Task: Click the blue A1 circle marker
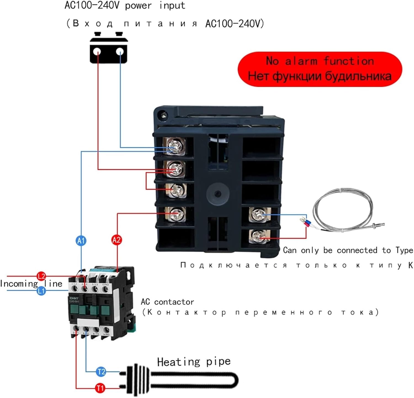[81, 241]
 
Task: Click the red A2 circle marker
[116, 240]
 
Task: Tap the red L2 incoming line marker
[41, 276]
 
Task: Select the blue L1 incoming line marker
[41, 291]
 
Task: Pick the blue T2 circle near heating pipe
[101, 371]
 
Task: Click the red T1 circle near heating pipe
[100, 388]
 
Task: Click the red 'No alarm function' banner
[320, 69]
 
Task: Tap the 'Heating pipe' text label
[194, 362]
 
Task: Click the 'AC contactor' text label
[167, 302]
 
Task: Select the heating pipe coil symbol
[179, 380]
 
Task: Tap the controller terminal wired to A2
[176, 214]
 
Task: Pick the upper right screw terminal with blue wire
[259, 214]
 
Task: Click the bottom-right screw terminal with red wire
[259, 236]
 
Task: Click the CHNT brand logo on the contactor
[74, 299]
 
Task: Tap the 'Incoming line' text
[31, 284]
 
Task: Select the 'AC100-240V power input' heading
[125, 6]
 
